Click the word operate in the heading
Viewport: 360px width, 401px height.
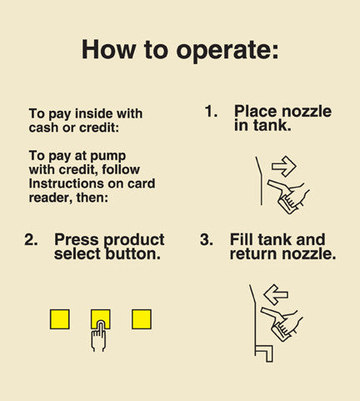pos(227,50)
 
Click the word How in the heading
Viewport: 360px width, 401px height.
pos(108,49)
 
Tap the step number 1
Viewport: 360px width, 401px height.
pos(211,111)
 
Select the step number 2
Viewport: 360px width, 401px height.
pos(31,239)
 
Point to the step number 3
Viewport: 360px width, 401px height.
pos(207,239)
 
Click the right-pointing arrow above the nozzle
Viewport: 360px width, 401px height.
pos(284,166)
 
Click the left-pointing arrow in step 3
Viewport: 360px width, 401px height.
pos(276,294)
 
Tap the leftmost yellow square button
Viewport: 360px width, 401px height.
pos(60,319)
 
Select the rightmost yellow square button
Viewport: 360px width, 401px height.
pos(142,319)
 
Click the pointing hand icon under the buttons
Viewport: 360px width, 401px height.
pos(98,336)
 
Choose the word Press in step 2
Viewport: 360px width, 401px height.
pos(77,239)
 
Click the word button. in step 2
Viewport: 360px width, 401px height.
pos(133,253)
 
